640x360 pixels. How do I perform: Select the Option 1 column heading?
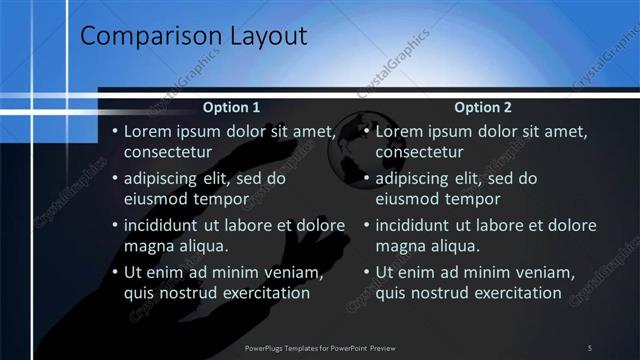[x=231, y=107]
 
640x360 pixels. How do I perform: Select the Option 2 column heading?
[x=482, y=107]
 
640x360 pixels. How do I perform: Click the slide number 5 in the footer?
[x=589, y=347]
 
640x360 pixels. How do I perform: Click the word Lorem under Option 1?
[x=149, y=131]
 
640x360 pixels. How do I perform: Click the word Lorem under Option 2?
[x=400, y=131]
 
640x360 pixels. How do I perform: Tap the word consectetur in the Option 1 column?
[x=167, y=152]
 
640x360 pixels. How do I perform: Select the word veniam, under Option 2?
[x=546, y=273]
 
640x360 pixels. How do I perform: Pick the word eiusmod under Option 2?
[x=412, y=199]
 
